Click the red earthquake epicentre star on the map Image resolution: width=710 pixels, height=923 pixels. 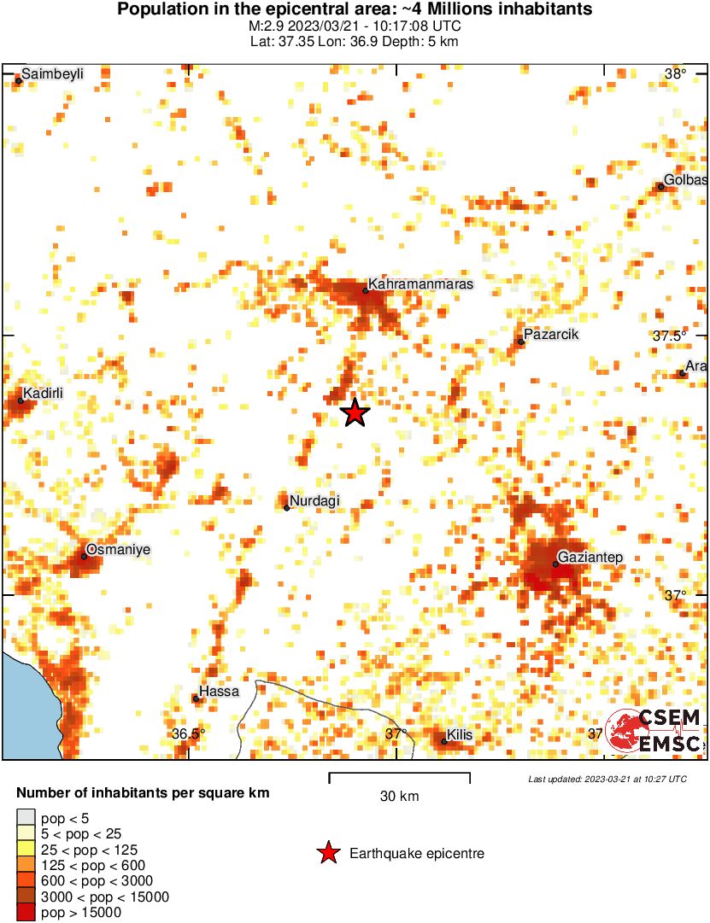(x=355, y=413)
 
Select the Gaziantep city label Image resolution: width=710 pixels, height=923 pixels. (x=590, y=558)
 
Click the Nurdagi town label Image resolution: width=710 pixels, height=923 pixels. (x=315, y=501)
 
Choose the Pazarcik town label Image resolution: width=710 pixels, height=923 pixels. (x=552, y=335)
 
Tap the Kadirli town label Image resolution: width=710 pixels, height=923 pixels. (x=43, y=394)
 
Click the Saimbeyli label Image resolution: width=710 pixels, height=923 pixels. (x=52, y=74)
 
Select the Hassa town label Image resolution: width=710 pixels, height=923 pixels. (x=219, y=692)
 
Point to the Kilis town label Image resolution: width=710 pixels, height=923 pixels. (x=458, y=734)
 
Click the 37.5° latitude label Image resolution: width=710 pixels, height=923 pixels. (x=670, y=336)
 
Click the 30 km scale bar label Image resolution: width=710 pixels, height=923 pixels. (x=399, y=797)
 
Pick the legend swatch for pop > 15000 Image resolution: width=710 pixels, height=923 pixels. (x=26, y=913)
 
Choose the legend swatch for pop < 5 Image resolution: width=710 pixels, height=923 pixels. (x=26, y=818)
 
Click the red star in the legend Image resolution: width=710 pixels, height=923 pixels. (x=327, y=853)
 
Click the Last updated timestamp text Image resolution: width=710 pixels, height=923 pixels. (x=607, y=779)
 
